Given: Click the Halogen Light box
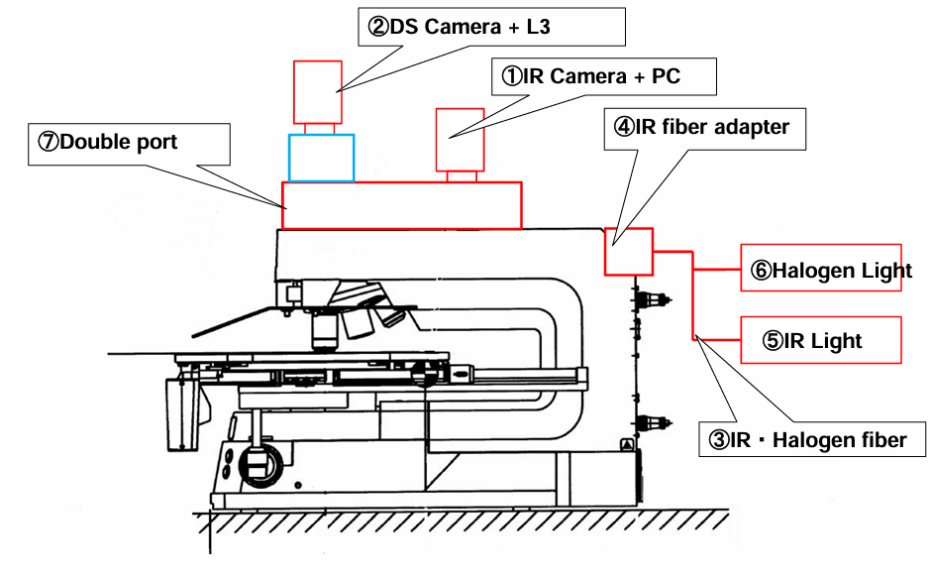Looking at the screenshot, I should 821,269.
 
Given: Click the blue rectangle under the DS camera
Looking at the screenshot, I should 321,158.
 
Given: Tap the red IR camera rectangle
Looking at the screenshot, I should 461,138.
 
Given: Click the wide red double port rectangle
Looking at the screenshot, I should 402,205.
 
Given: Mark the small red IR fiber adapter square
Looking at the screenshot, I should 628,251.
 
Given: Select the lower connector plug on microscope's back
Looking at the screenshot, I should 651,421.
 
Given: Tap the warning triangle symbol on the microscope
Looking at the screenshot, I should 626,446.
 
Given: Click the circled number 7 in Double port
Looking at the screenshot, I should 49,142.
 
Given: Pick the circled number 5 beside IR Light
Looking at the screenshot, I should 772,341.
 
